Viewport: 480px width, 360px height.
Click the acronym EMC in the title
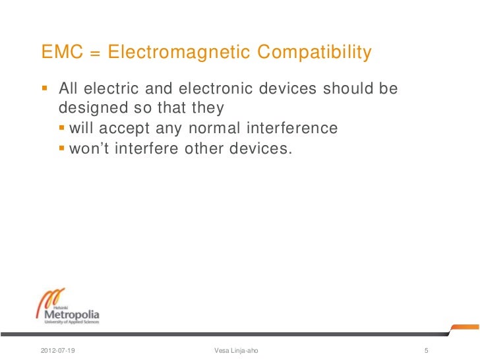click(60, 51)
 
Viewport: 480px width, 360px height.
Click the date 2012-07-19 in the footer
click(57, 349)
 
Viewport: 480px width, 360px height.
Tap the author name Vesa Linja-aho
click(237, 349)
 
